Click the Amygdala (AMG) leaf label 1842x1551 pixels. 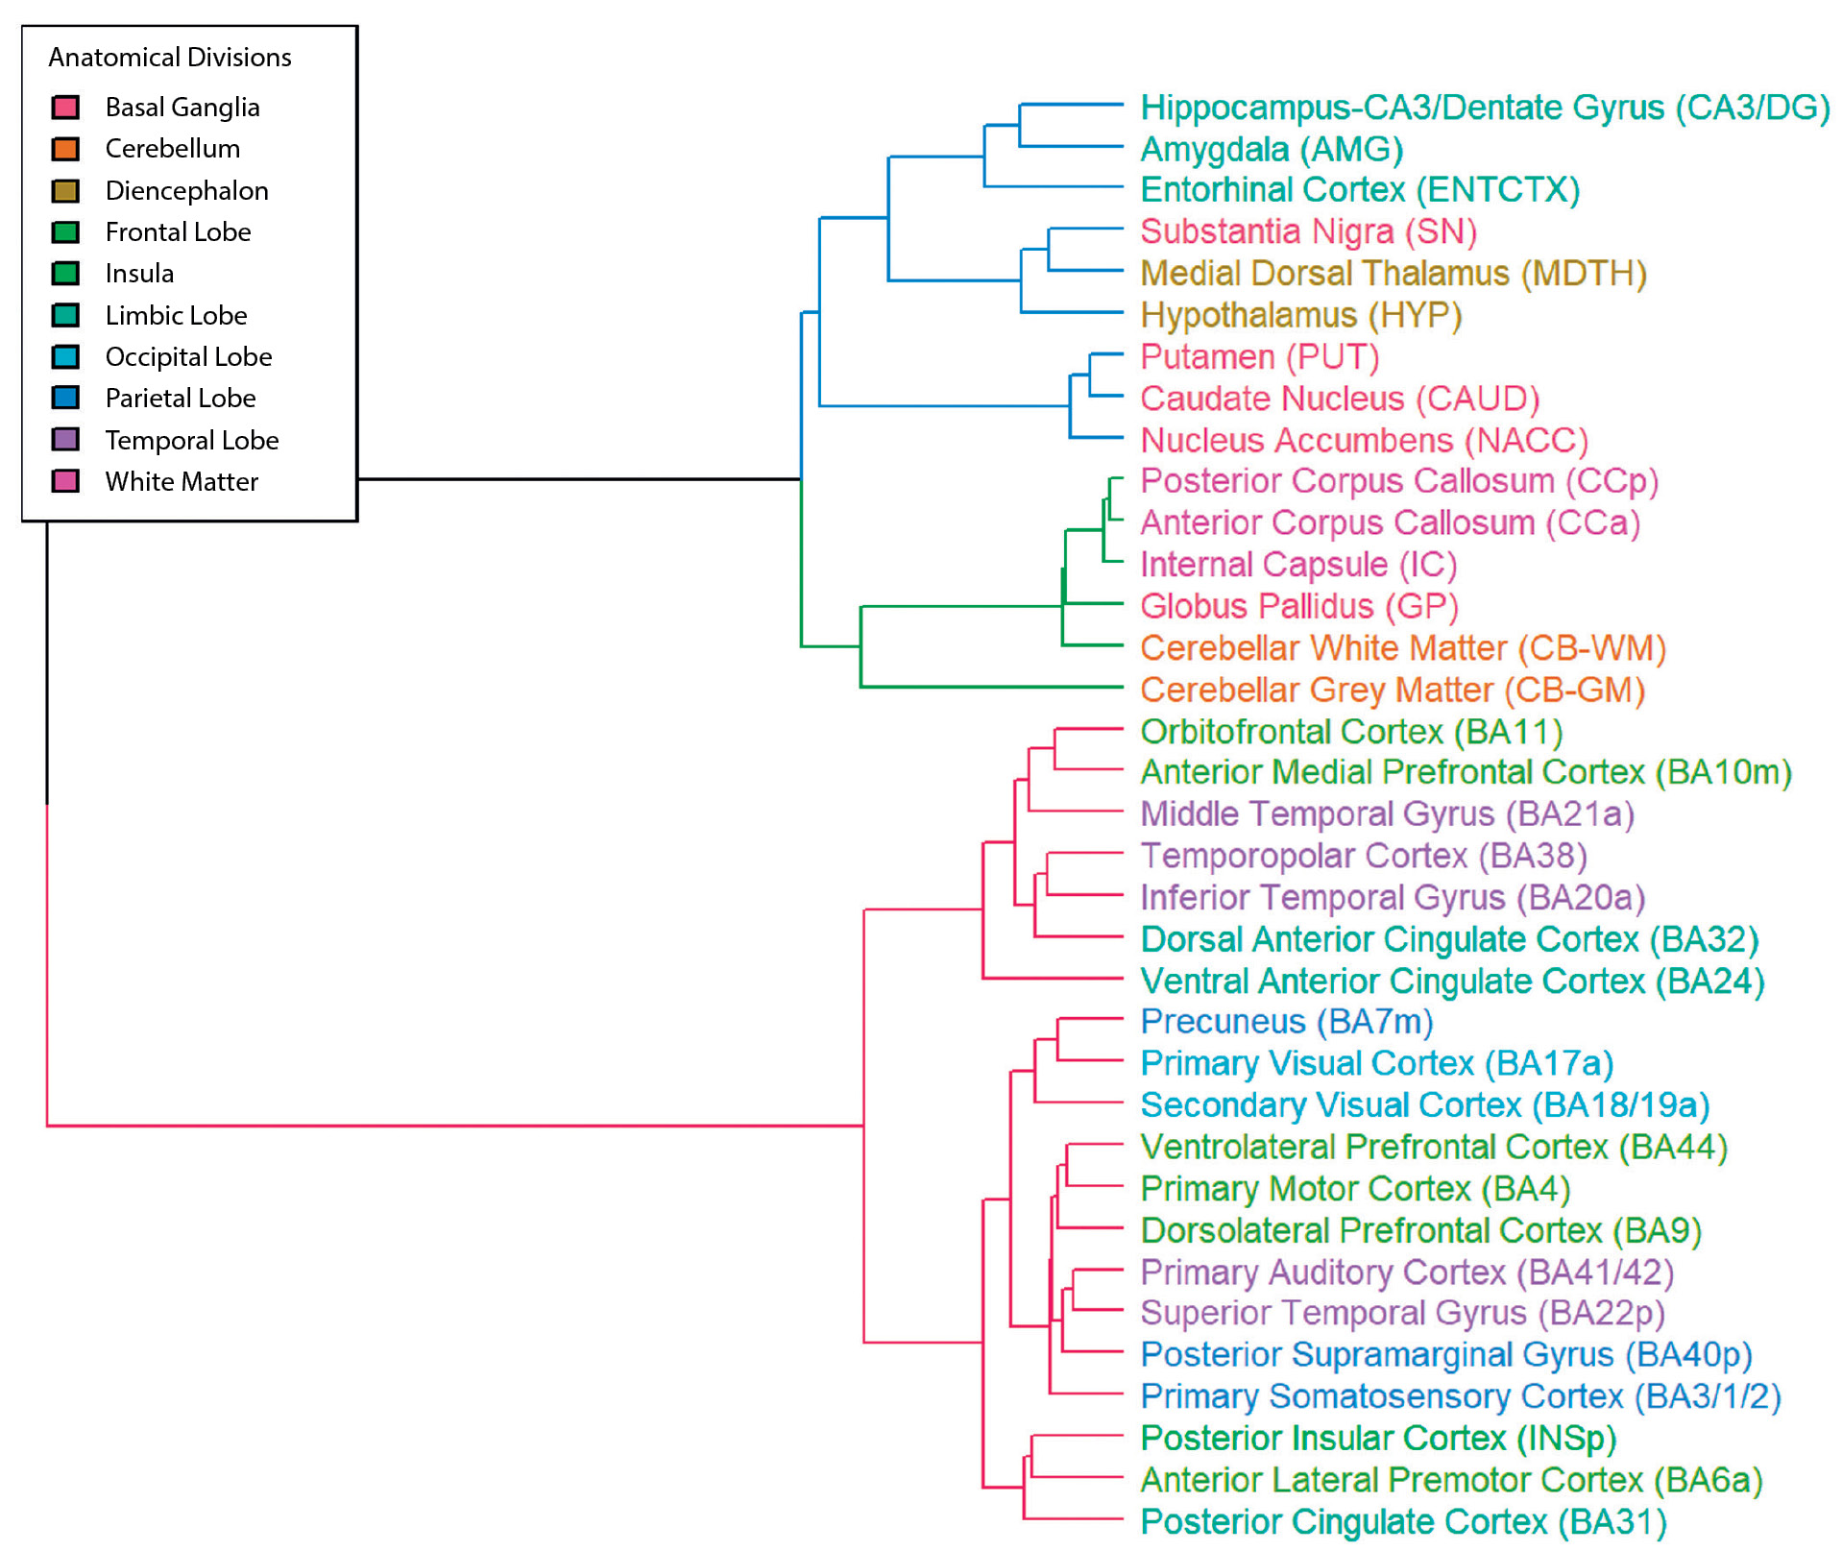pos(1272,150)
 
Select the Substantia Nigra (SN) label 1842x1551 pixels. pos(1308,231)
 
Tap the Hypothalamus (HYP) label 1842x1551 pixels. pos(1300,315)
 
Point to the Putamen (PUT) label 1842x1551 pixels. pos(1259,357)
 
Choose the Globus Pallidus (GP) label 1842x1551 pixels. pos(1298,606)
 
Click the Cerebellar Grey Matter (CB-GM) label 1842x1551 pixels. pos(1392,690)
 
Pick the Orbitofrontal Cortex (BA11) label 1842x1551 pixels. pos(1350,732)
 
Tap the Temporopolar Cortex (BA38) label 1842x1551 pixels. pos(1363,856)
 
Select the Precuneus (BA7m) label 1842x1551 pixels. pos(1286,1022)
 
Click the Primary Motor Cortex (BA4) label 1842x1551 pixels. pos(1354,1189)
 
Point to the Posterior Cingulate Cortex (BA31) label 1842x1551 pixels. pos(1402,1522)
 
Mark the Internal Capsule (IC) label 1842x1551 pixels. pos(1297,565)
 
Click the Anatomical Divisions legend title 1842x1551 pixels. pos(170,58)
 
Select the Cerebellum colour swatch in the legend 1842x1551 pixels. pos(65,149)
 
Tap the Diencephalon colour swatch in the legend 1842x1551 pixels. pos(65,191)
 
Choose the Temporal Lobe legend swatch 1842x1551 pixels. pos(65,440)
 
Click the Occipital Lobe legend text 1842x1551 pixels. pos(188,357)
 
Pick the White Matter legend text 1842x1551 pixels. pos(182,482)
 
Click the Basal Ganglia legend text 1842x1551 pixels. pos(182,108)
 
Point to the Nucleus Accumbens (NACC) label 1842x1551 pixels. pos(1364,441)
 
